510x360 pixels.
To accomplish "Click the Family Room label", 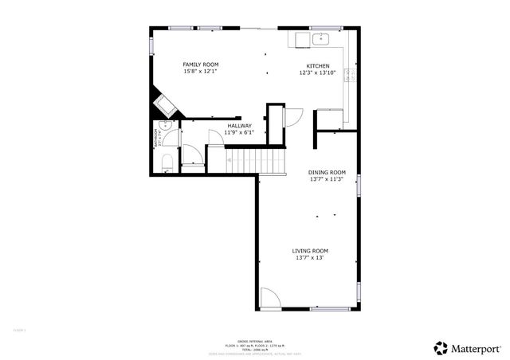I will click(201, 65).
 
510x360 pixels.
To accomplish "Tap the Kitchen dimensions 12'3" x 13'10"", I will click(317, 72).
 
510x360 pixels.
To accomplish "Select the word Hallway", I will click(240, 125).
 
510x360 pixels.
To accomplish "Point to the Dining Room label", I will click(328, 173).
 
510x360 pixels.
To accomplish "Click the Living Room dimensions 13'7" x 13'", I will click(310, 257).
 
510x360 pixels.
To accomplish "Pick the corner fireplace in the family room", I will click(165, 104).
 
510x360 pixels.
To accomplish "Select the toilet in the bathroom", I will click(167, 163).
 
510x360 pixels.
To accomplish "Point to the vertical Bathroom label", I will click(157, 139).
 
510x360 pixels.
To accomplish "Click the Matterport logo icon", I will click(440, 347).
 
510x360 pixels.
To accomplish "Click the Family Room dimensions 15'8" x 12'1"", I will click(201, 72).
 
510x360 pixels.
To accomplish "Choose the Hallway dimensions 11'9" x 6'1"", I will click(240, 132).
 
